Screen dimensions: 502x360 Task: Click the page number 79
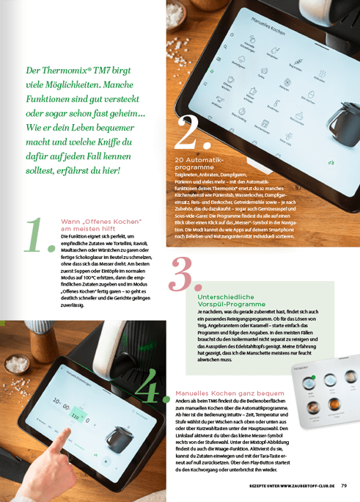coord(344,485)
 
